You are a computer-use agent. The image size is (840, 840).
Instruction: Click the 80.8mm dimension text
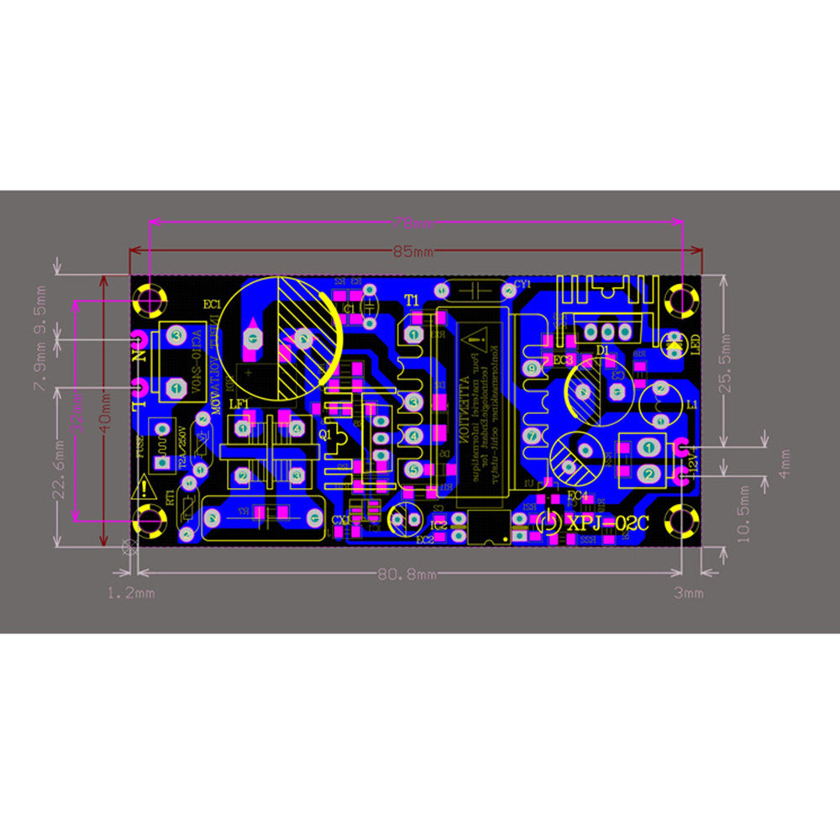(x=407, y=575)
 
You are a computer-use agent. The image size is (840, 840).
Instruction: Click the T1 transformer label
(x=411, y=300)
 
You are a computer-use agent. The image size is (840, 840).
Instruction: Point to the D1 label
(x=601, y=349)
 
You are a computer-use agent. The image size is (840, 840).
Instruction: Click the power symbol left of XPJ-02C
(x=547, y=522)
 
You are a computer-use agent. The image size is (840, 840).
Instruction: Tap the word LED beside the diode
(x=695, y=344)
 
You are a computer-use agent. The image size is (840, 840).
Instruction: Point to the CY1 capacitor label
(x=522, y=284)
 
